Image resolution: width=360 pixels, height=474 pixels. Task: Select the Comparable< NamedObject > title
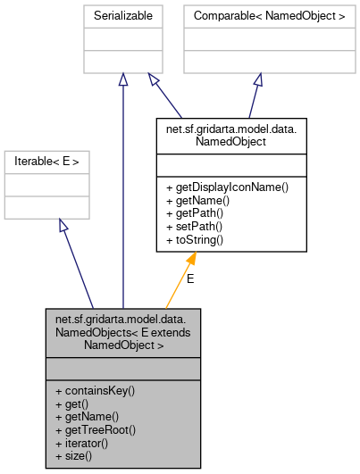tap(255, 16)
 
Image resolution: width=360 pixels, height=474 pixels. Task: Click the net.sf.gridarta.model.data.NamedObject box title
tap(230, 134)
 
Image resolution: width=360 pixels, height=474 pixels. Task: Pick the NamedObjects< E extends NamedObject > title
tap(122, 331)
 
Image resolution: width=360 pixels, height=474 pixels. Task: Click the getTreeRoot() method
tap(90, 429)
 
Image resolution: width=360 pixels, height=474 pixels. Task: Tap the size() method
tap(73, 456)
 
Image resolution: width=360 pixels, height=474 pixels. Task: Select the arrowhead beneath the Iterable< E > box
tap(63, 224)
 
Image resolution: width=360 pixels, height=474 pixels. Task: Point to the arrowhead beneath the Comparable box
tap(256, 79)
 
